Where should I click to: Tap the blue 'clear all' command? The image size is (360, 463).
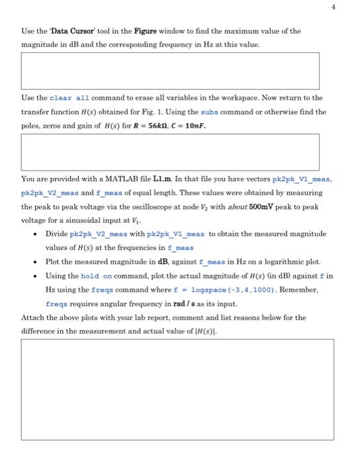pyautogui.click(x=73, y=98)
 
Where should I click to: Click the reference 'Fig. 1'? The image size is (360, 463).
pyautogui.click(x=129, y=112)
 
